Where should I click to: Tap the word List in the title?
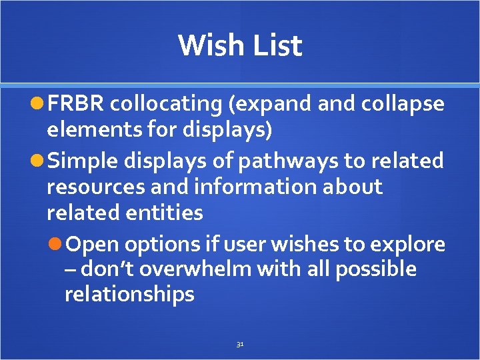[274, 46]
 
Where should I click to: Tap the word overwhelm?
[214, 269]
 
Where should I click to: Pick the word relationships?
[129, 294]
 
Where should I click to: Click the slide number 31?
[240, 345]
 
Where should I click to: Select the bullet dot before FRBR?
[37, 105]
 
